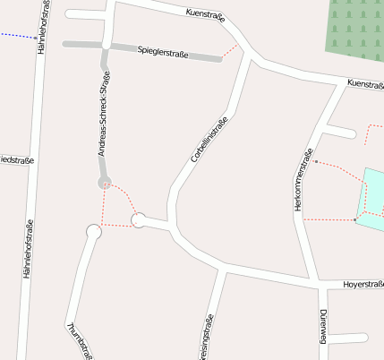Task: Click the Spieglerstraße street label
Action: [163, 52]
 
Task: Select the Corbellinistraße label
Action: [209, 139]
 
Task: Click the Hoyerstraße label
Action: [363, 285]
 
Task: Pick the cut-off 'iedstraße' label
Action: [16, 161]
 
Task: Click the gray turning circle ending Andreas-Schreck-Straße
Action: [105, 183]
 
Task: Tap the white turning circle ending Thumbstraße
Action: [93, 232]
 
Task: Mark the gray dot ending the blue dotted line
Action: [36, 39]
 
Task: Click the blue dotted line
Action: [16, 36]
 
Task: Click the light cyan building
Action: [371, 199]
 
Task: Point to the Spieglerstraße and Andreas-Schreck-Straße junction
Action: [107, 43]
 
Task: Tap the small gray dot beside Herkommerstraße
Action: [316, 162]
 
